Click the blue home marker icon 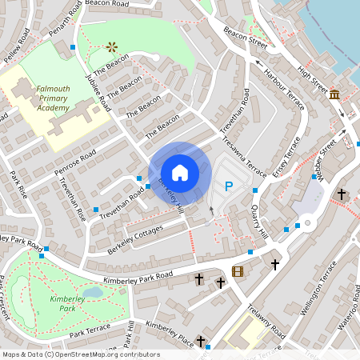[x=180, y=173]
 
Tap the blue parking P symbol [x=229, y=186]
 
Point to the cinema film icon [x=237, y=271]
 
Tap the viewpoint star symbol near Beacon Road [x=112, y=47]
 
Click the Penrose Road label [x=76, y=159]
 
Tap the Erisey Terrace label [x=286, y=157]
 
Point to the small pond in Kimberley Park [x=94, y=292]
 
